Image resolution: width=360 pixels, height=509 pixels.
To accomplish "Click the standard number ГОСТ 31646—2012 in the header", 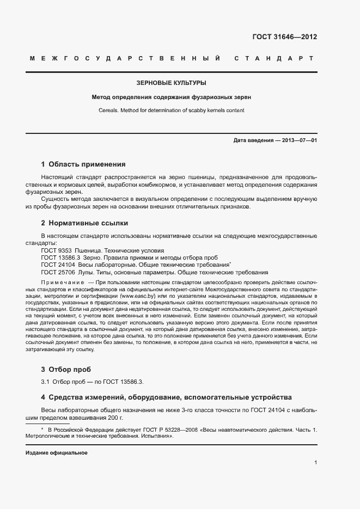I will pyautogui.click(x=284, y=37).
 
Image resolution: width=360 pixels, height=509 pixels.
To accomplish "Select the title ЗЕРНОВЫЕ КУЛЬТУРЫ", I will pyautogui.click(x=171, y=83).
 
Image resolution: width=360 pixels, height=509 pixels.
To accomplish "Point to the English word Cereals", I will pyautogui.click(x=109, y=110).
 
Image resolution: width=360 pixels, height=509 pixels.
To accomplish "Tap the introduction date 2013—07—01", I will pyautogui.click(x=296, y=140).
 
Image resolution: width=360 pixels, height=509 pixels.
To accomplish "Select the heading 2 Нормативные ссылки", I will pyautogui.click(x=84, y=223).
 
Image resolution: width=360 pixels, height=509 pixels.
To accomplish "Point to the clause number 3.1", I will pyautogui.click(x=45, y=382).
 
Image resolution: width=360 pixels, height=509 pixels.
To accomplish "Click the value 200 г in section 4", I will pyautogui.click(x=115, y=417).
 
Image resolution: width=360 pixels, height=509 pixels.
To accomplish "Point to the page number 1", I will pyautogui.click(x=315, y=463).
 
